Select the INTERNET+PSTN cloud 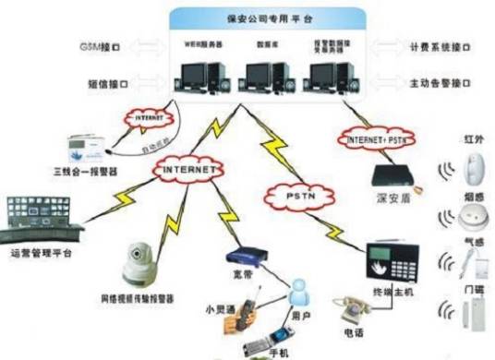375,138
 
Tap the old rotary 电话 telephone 354,308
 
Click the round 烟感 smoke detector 470,218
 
